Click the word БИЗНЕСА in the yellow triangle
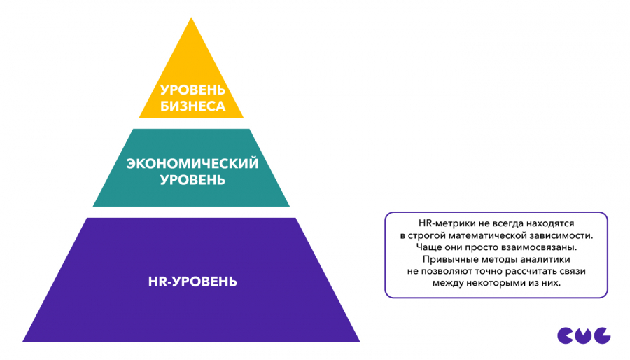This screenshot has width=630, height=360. (x=192, y=106)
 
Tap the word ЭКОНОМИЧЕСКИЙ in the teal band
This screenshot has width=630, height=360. (x=192, y=164)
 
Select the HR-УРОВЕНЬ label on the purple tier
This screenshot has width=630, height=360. (x=192, y=282)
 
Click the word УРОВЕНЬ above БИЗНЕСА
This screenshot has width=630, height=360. (x=192, y=90)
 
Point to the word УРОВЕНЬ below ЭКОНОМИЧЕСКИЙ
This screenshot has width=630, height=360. (x=192, y=180)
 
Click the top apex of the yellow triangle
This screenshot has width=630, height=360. (x=191, y=19)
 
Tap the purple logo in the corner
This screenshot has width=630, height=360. (x=584, y=335)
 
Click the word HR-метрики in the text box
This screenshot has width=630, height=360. (x=439, y=222)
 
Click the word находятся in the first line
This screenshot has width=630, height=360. (x=555, y=222)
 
